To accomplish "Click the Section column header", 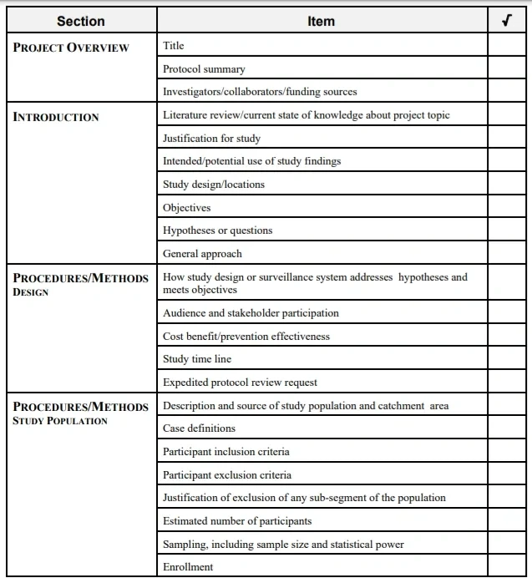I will [x=81, y=22].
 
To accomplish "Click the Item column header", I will [x=321, y=22].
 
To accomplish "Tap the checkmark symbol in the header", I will [x=506, y=22].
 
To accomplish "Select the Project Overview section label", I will [x=72, y=48].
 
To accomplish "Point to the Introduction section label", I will [x=56, y=117].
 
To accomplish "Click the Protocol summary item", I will [x=204, y=69].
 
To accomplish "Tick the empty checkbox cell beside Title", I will [x=506, y=46].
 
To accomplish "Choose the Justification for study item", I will [x=211, y=139].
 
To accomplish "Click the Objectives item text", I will [x=186, y=208].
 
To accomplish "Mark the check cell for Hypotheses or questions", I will [x=506, y=231].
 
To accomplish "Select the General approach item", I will [x=202, y=254].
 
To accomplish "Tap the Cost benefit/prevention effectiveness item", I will [x=246, y=337].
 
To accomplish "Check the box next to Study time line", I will [x=506, y=359].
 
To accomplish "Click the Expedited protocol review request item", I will [x=240, y=383].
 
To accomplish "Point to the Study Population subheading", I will [x=60, y=421].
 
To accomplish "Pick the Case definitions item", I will [x=199, y=428].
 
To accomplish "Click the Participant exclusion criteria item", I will [x=227, y=475].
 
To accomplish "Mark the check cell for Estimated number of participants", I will [x=506, y=521].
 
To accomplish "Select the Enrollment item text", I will [x=188, y=567].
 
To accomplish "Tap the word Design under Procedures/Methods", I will [x=31, y=292].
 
